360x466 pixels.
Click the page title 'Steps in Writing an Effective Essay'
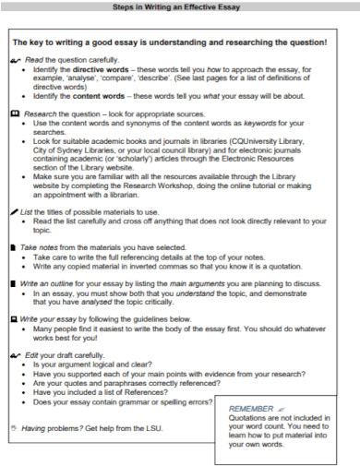tap(180, 8)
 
